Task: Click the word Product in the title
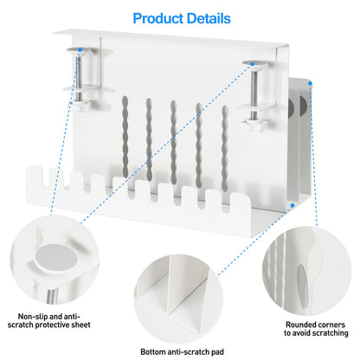[x=159, y=18]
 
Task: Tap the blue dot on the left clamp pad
[x=80, y=50]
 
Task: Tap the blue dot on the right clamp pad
[x=252, y=64]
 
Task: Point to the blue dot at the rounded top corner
[x=310, y=83]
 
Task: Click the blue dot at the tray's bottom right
[x=292, y=205]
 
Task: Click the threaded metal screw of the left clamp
[x=79, y=78]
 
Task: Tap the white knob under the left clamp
[x=80, y=105]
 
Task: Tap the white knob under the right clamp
[x=254, y=125]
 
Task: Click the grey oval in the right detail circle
[x=302, y=286]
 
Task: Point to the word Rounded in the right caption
[x=301, y=325]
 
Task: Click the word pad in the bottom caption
[x=217, y=352]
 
